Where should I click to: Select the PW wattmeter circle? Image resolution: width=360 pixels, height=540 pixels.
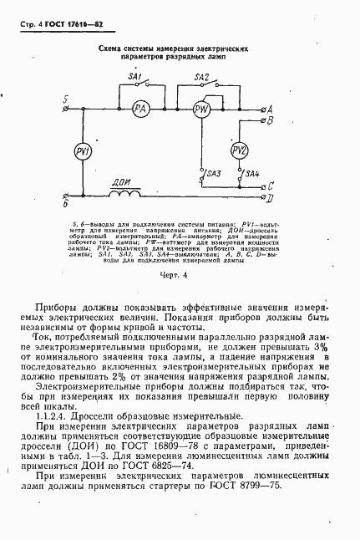(200, 110)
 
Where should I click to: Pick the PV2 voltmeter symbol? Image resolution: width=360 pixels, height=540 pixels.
(239, 150)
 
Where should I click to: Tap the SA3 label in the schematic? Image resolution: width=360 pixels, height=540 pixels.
(213, 173)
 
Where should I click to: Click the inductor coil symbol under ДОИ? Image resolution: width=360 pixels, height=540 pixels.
(125, 196)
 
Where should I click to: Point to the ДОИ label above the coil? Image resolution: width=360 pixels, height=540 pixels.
(122, 181)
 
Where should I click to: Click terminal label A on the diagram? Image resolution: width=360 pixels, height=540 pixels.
(266, 109)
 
